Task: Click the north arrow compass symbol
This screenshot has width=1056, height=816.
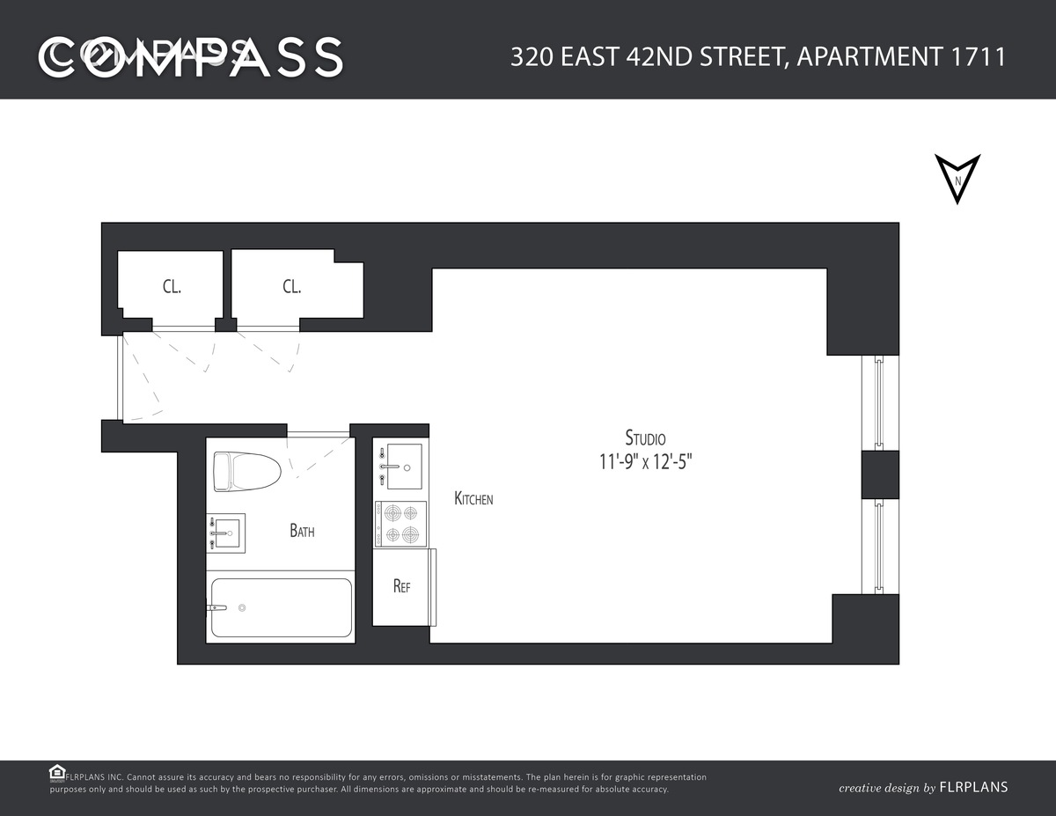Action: [957, 179]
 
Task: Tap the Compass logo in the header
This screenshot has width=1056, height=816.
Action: [190, 56]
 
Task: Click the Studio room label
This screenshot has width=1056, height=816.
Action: [645, 437]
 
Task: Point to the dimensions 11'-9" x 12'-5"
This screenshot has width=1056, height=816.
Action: [645, 462]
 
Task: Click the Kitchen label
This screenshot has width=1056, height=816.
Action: [473, 499]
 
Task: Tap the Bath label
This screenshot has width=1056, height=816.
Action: [302, 531]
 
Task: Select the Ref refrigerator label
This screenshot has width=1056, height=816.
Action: [401, 587]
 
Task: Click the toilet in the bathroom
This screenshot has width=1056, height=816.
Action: [246, 471]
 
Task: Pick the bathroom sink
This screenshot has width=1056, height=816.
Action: [226, 533]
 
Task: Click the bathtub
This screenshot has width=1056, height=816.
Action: [281, 607]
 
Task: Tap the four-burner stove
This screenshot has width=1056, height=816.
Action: [400, 524]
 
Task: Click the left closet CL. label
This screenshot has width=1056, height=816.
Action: [172, 286]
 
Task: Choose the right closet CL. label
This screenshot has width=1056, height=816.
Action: [291, 286]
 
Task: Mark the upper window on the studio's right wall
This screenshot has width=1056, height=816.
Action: [878, 402]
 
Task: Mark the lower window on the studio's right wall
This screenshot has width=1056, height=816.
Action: [878, 547]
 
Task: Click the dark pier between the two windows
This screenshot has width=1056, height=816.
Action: [879, 474]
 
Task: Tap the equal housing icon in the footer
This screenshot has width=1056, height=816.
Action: [56, 772]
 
